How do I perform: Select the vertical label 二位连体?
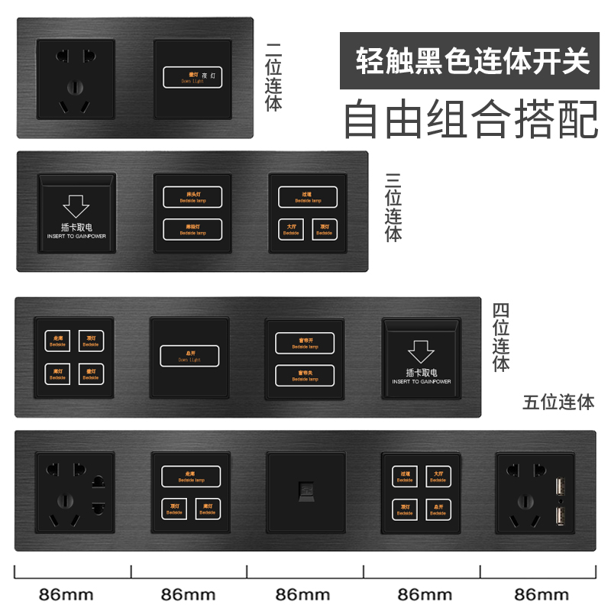(x=273, y=76)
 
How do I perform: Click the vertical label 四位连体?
(x=501, y=337)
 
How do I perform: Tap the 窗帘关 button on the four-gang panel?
(x=304, y=375)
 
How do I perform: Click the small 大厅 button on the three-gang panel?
(x=291, y=228)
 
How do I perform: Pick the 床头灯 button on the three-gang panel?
(x=192, y=196)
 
